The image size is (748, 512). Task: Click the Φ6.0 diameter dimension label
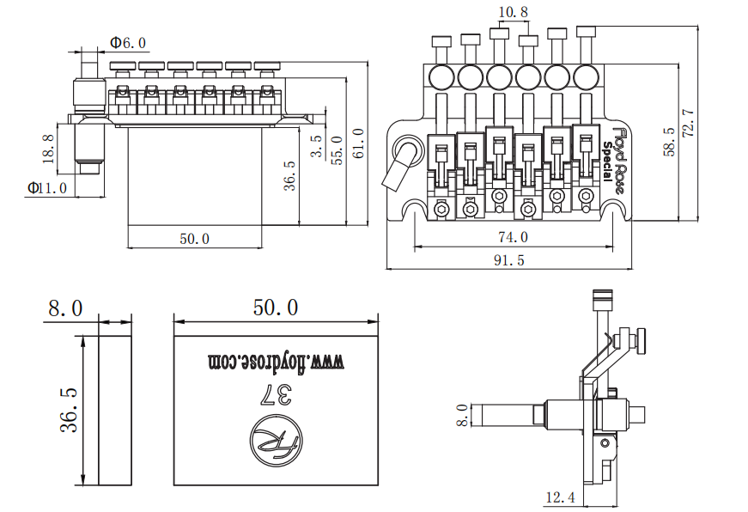pyautogui.click(x=128, y=43)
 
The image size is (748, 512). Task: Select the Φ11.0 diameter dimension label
pyautogui.click(x=46, y=188)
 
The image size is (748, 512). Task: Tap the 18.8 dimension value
pyautogui.click(x=49, y=149)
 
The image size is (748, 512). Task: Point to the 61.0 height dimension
pyautogui.click(x=359, y=143)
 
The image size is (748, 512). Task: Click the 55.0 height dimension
pyautogui.click(x=338, y=150)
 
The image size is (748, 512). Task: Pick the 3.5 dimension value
pyautogui.click(x=316, y=147)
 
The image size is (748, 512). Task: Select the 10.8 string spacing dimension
pyautogui.click(x=514, y=11)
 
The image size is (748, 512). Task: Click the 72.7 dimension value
pyautogui.click(x=688, y=124)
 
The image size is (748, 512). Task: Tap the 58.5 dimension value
pyautogui.click(x=669, y=142)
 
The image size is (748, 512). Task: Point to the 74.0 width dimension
pyautogui.click(x=514, y=237)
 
